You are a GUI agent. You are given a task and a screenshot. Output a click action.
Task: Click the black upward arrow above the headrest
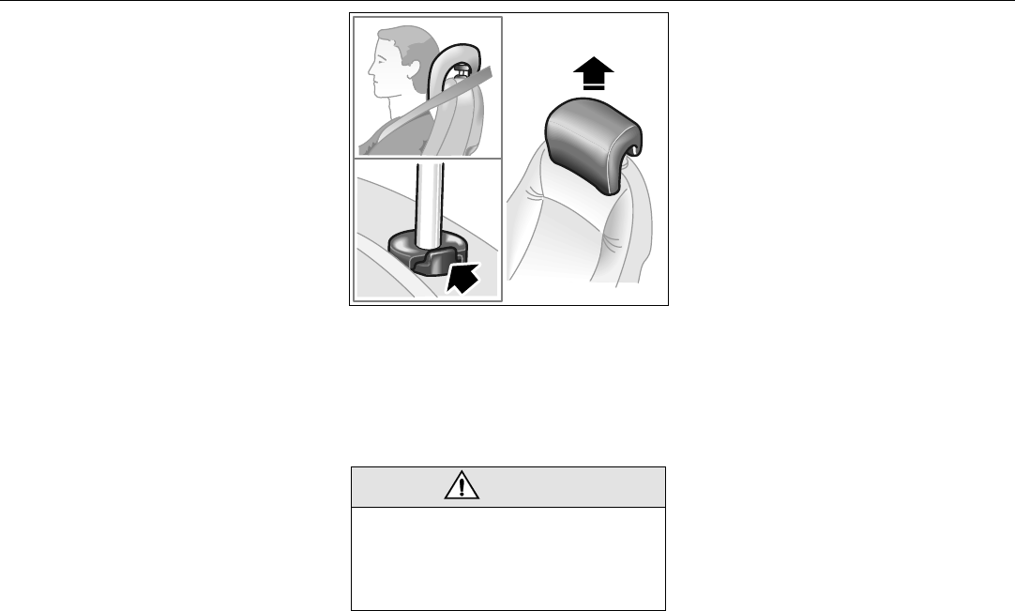coord(589,69)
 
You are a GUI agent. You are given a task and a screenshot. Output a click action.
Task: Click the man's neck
coord(403,103)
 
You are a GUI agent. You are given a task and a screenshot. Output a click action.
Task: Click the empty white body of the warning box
coord(507,558)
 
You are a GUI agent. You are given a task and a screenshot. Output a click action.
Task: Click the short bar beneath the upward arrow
coord(589,86)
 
